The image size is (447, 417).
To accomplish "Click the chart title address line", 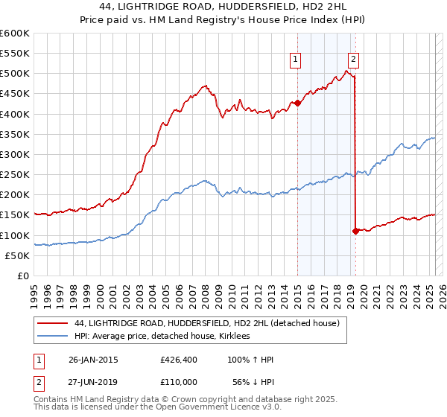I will coord(223,7).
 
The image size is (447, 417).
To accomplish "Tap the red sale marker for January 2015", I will coord(297,103).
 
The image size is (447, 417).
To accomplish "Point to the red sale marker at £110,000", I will coord(355,231).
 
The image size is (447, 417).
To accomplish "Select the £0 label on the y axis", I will coord(22,276).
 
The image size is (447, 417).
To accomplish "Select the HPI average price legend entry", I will coord(162,337).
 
